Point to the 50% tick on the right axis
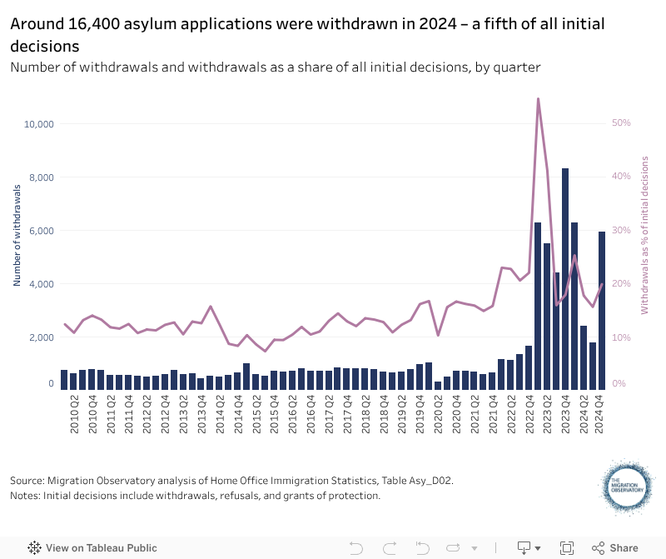[x=623, y=122]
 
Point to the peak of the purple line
[x=538, y=98]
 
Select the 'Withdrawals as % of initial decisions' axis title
[x=644, y=235]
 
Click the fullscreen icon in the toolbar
[x=567, y=547]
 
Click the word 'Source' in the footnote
[x=27, y=481]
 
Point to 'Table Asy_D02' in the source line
[x=420, y=481]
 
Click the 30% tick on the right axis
[x=623, y=230]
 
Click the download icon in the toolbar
[x=524, y=547]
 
